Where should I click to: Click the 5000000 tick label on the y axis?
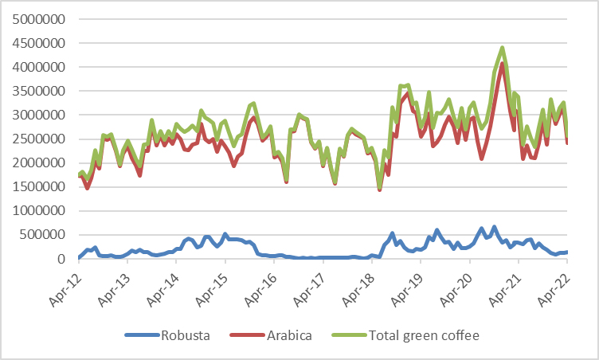tap(38, 19)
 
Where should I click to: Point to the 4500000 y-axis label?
tap(38, 43)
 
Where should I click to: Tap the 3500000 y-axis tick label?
tap(38, 91)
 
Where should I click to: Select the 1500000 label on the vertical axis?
tap(38, 187)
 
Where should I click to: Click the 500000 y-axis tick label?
tap(42, 235)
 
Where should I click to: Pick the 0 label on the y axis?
tap(61, 259)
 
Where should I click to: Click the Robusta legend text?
tap(186, 335)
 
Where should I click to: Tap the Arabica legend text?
tap(290, 335)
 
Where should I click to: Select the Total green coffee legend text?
tap(424, 335)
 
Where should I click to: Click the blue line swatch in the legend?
tap(142, 335)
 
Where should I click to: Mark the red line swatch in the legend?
tap(247, 335)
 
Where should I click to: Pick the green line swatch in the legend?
tap(349, 335)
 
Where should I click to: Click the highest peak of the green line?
tap(503, 48)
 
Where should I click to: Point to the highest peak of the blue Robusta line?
tap(495, 227)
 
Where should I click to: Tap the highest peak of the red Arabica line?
tap(503, 64)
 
